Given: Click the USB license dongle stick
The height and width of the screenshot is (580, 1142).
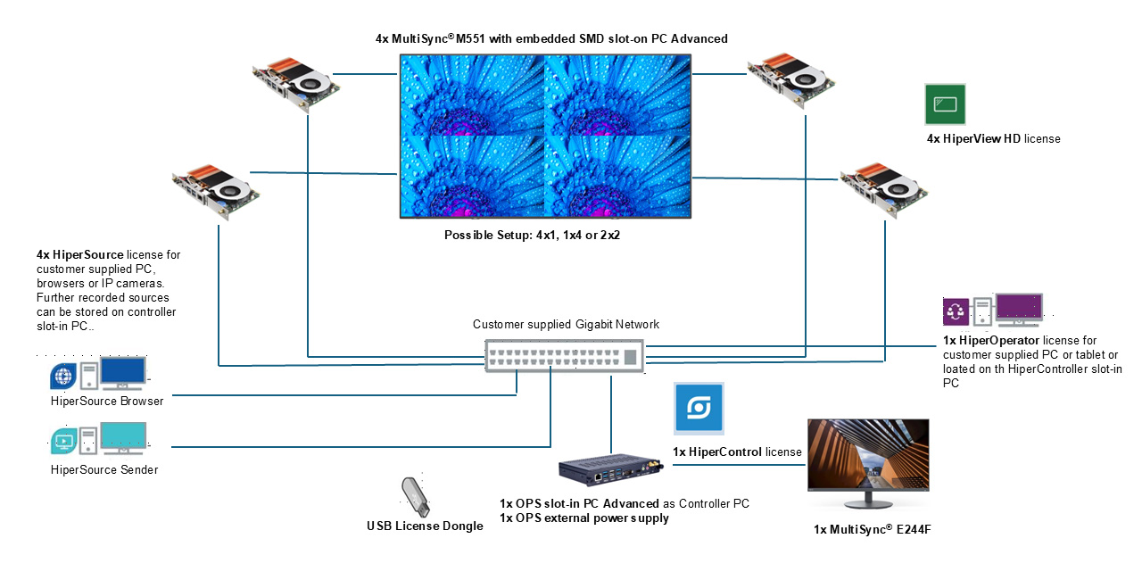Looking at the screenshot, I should coord(414,496).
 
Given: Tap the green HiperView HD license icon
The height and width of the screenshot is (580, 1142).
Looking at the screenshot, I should coord(945,104).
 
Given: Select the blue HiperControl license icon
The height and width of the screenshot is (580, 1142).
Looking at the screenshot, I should coord(699,409).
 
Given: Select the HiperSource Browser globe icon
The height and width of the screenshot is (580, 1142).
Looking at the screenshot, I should coord(63,376).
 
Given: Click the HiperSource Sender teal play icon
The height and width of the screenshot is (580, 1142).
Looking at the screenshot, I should coord(63,440).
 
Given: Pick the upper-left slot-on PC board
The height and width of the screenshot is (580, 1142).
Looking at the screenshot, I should coord(295,84).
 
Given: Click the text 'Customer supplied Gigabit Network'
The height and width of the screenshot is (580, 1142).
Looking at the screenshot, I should coord(566,325).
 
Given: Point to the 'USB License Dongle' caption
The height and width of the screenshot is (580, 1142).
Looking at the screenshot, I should coord(425,526).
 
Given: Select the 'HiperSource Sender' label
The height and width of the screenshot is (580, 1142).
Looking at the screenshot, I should coord(104,469).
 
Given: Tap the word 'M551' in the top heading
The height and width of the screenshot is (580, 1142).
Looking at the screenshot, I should coord(475,38).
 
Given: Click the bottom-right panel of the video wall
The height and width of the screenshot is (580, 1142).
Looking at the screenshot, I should coord(617,176).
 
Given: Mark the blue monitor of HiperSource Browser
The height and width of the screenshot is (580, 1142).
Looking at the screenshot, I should coord(123,372).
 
